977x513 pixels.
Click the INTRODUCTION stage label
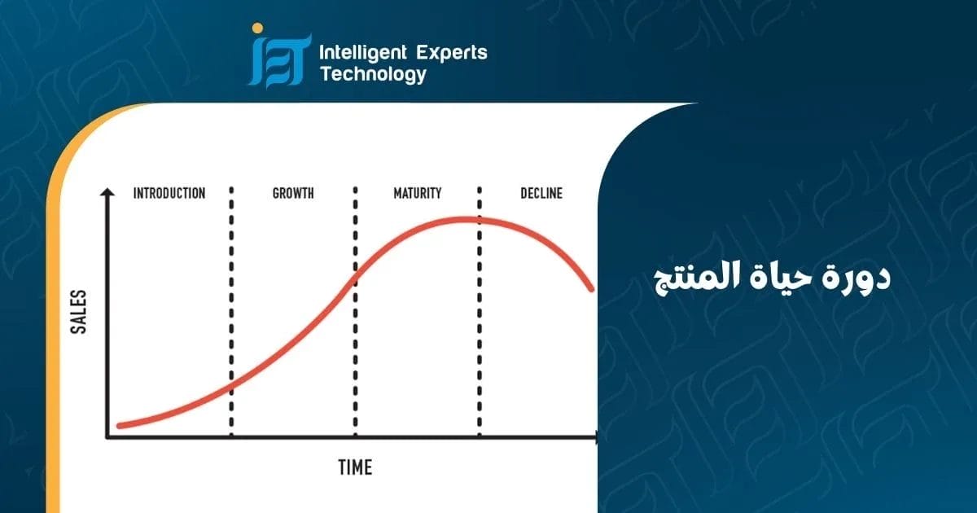[x=169, y=194]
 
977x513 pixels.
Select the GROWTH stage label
[x=293, y=194]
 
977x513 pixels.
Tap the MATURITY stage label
[x=417, y=194]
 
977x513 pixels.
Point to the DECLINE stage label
[x=541, y=194]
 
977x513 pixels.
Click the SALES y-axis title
[x=79, y=311]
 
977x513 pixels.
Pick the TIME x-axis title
[x=355, y=467]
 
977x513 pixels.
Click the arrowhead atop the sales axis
[x=106, y=193]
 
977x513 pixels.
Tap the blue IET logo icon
[x=279, y=61]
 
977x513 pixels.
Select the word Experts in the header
[x=453, y=54]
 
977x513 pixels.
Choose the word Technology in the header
[x=373, y=75]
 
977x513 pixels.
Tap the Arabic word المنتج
[x=692, y=278]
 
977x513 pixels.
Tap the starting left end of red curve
[x=120, y=425]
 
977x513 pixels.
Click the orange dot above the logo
[x=257, y=28]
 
